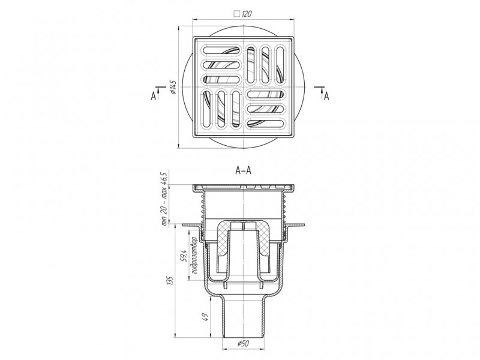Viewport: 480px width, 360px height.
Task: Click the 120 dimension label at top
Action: point(247,14)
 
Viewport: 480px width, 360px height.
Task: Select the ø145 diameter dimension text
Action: point(173,87)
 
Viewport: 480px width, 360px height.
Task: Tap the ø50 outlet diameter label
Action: point(244,344)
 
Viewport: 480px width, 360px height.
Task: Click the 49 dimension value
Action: point(206,317)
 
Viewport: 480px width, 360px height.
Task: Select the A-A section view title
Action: point(244,170)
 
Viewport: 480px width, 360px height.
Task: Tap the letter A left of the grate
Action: point(154,96)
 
